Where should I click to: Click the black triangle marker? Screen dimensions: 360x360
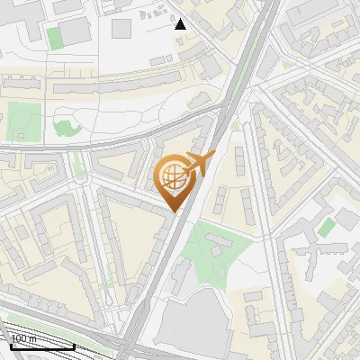click(181, 24)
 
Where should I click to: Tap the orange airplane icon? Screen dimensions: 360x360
click(198, 164)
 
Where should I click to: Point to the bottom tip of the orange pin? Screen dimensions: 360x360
click(174, 211)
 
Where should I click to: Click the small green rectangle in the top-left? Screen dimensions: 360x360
click(54, 38)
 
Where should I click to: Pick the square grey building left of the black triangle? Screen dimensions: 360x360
click(121, 28)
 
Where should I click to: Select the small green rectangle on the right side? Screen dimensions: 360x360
click(326, 226)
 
